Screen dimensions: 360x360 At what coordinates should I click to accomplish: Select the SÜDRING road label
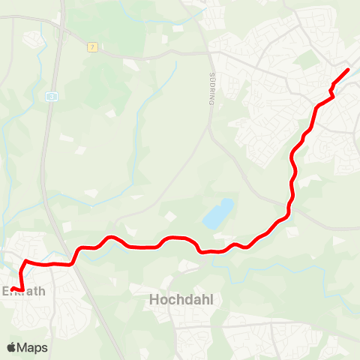point(211,89)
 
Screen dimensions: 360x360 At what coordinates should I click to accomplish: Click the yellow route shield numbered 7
point(92,46)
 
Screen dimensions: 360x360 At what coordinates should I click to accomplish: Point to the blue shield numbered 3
point(51,96)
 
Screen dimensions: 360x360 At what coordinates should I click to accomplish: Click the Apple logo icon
point(11,347)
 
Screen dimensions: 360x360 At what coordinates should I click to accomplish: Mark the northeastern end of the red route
point(347,70)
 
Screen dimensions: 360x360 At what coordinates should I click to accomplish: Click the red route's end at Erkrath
point(12,289)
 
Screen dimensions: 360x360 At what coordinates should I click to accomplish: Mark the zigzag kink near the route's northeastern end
point(331,91)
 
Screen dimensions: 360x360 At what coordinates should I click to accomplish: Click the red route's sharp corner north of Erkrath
point(26,262)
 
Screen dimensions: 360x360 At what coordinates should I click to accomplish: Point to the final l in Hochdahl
point(211,299)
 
